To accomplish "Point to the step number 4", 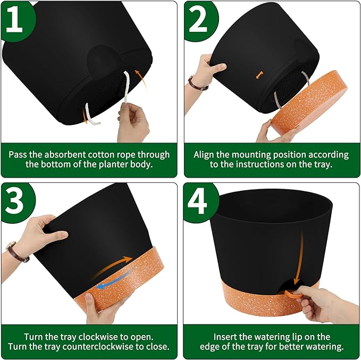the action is [197, 201].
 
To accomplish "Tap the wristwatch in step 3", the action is [16, 252].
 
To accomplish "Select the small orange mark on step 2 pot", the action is [259, 75].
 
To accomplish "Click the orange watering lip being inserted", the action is [293, 294].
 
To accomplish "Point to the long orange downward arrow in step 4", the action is [299, 260].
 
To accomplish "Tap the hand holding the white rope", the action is [133, 122].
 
